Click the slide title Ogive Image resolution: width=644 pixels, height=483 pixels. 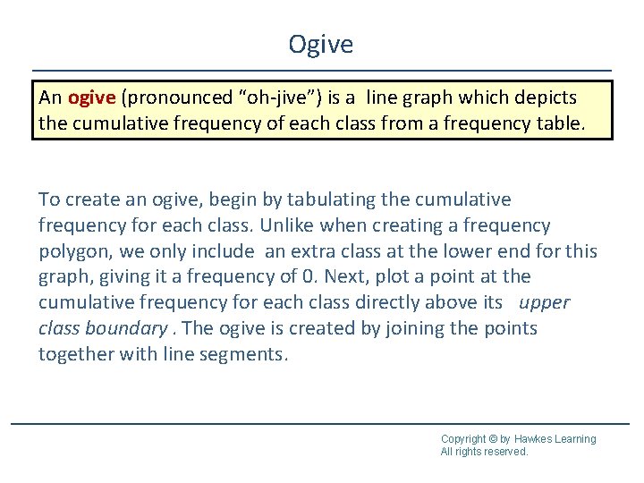click(x=321, y=44)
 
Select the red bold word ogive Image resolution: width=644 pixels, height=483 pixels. click(x=90, y=97)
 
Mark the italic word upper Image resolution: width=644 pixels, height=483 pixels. click(x=545, y=302)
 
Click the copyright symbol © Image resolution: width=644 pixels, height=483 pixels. click(x=493, y=439)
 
